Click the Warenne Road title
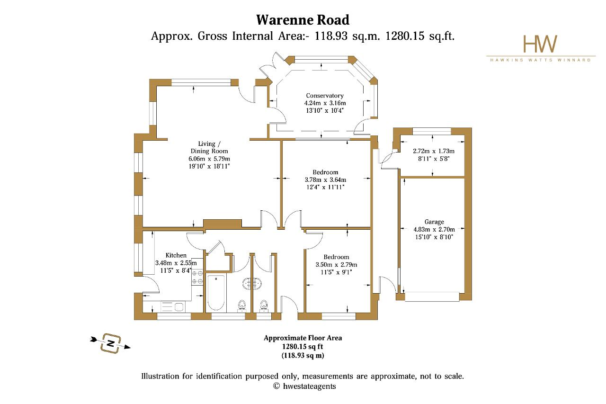tap(303, 20)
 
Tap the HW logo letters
tap(540, 44)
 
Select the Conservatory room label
tap(325, 96)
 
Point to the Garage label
tap(434, 222)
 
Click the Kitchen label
tap(176, 255)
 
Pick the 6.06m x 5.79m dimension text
tap(209, 159)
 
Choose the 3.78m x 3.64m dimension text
tap(325, 180)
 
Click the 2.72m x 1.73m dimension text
tap(433, 151)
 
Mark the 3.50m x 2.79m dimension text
tap(336, 265)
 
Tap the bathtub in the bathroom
tap(215, 293)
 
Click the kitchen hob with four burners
tap(197, 278)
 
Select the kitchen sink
tap(173, 307)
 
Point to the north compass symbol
tap(110, 343)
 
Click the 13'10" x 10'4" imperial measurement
tap(325, 110)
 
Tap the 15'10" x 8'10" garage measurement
tap(434, 237)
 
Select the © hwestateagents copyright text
tap(304, 386)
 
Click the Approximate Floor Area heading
tap(303, 338)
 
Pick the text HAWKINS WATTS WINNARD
tap(540, 60)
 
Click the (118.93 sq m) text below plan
tap(303, 355)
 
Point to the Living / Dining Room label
tap(209, 147)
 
